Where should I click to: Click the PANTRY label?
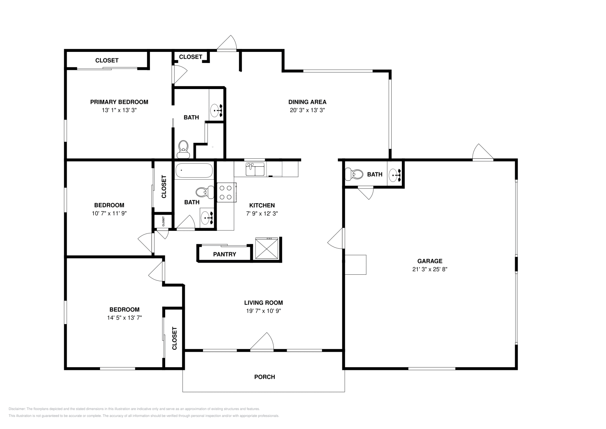pos(225,254)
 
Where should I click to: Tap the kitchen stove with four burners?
pos(226,193)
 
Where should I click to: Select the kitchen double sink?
pos(255,169)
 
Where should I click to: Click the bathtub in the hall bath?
pos(194,170)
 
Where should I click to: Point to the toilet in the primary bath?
pos(183,149)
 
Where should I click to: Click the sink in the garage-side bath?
pos(395,175)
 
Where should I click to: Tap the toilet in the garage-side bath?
pos(354,174)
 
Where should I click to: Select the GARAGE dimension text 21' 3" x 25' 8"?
pos(430,269)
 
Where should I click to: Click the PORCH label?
pos(265,377)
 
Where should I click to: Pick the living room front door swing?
pos(262,341)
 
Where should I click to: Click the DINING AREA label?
pos(307,102)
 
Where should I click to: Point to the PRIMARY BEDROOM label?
pos(119,102)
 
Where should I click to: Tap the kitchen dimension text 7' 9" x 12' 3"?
pos(262,214)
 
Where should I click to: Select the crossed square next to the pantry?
pos(267,248)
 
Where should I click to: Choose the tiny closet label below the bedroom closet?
pos(163,221)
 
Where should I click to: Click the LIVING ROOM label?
pos(264,302)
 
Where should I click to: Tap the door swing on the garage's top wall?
pos(483,152)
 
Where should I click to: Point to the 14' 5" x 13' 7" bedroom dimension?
pos(125,318)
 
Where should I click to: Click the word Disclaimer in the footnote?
pos(17,409)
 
